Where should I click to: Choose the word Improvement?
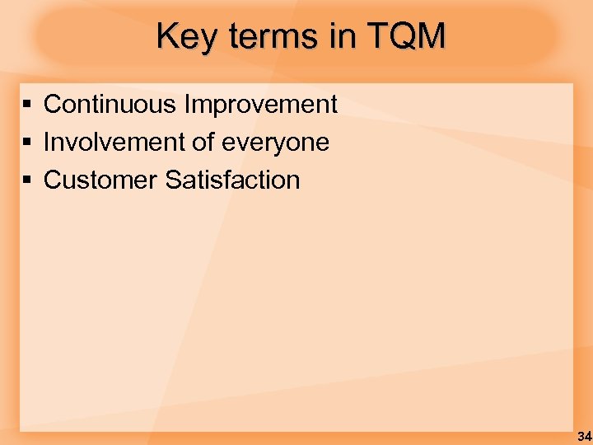click(x=261, y=105)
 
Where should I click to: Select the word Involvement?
click(x=114, y=143)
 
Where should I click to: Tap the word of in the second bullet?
click(x=202, y=143)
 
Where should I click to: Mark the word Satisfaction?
click(x=232, y=180)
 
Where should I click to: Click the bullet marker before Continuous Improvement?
click(x=27, y=105)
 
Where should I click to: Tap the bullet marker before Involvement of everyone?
click(x=27, y=143)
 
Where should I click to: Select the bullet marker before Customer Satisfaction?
click(x=27, y=180)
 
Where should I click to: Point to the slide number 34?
click(x=584, y=436)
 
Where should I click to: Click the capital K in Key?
click(x=167, y=36)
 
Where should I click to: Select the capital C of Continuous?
click(x=53, y=105)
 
